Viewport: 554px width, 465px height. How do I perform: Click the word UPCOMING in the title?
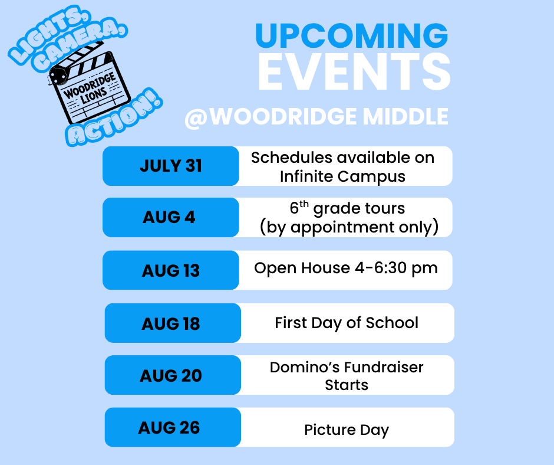[x=351, y=37]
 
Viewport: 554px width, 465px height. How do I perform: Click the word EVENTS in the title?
[x=354, y=73]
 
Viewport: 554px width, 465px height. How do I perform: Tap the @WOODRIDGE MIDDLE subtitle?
[x=316, y=117]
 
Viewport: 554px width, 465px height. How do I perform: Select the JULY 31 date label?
[x=171, y=166]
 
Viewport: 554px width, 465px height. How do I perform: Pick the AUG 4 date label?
[x=169, y=217]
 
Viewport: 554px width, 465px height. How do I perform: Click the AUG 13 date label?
[x=171, y=270]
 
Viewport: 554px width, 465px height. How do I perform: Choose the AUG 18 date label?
[x=171, y=323]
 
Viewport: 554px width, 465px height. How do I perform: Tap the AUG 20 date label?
[x=171, y=375]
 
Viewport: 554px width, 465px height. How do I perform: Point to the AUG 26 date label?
[x=169, y=427]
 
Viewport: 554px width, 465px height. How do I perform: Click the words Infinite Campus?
[x=342, y=176]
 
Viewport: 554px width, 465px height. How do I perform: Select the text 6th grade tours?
[x=347, y=209]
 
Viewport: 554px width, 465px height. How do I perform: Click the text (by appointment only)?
[x=349, y=227]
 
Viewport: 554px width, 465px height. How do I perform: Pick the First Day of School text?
[x=347, y=323]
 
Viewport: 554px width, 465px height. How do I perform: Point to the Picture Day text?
[x=347, y=430]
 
